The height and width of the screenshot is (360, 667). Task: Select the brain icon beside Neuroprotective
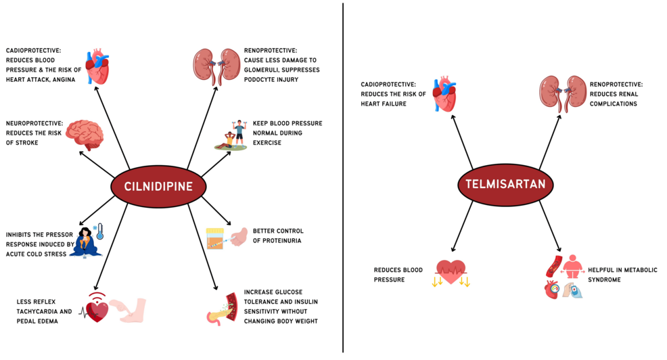click(x=85, y=133)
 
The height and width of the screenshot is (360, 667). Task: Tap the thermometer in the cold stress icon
click(x=99, y=231)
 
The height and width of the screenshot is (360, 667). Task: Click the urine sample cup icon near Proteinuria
click(x=216, y=239)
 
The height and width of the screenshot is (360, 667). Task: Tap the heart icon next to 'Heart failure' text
click(x=444, y=94)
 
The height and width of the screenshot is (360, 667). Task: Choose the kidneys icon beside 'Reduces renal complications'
click(x=561, y=92)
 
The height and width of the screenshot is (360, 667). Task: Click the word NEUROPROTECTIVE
click(x=34, y=123)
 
